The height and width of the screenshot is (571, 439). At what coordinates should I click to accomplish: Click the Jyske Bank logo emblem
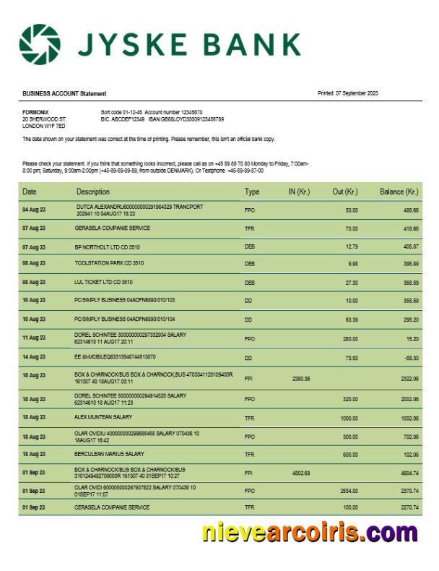40,44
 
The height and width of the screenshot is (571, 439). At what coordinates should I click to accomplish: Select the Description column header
93,192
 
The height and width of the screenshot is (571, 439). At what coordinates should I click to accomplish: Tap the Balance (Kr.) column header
399,192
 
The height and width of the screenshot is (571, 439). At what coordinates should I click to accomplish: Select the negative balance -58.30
409,357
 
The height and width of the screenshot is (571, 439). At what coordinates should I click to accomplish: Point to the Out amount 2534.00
348,490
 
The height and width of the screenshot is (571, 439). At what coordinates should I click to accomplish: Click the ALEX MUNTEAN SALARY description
103,417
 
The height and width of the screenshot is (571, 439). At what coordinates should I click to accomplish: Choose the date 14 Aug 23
34,357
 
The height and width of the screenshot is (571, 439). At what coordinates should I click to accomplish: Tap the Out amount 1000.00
348,418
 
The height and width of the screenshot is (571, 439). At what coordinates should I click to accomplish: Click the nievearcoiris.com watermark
309,533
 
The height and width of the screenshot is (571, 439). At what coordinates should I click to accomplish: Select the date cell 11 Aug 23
34,338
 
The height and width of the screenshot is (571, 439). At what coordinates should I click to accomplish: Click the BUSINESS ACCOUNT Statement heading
64,94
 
